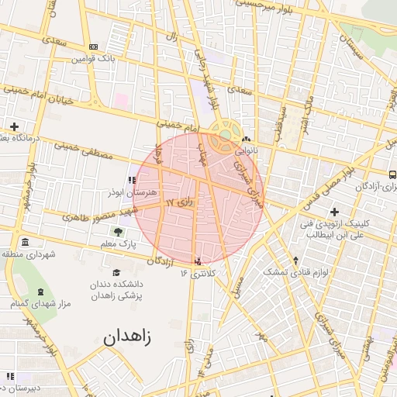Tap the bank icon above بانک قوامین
pyautogui.click(x=94, y=47)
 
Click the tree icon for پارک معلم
pyautogui.click(x=118, y=231)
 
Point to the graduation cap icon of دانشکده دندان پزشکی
pyautogui.click(x=116, y=272)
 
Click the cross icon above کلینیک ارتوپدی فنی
pyautogui.click(x=334, y=212)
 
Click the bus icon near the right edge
pyautogui.click(x=392, y=175)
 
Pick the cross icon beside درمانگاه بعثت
pyautogui.click(x=14, y=126)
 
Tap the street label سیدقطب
pyautogui.click(x=278, y=123)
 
